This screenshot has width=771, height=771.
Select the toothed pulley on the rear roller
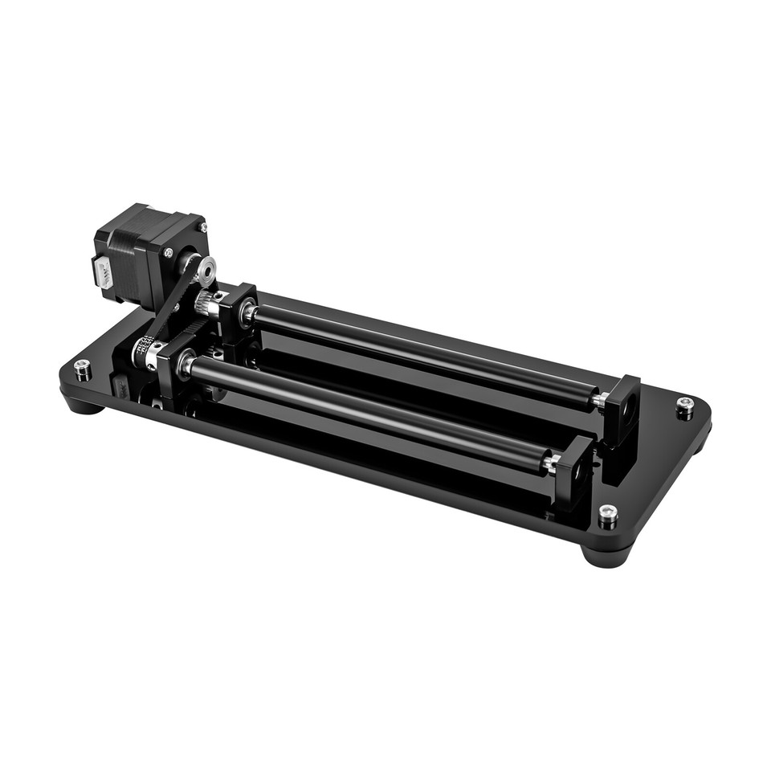(207, 304)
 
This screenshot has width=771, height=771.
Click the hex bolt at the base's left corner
(82, 369)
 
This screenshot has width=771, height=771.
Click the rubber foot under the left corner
(84, 402)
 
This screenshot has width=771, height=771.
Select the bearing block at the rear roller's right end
(623, 410)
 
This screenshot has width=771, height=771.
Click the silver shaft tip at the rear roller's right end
(598, 399)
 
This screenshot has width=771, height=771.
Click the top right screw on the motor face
(201, 227)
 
